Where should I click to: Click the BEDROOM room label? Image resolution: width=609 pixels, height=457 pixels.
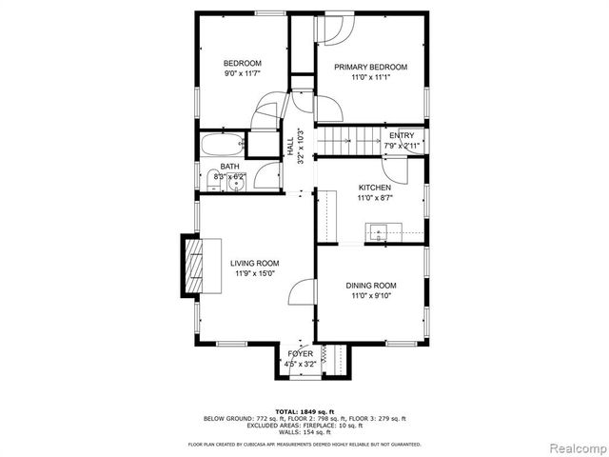242,63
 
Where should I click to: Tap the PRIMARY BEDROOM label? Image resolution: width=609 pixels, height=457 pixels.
370,67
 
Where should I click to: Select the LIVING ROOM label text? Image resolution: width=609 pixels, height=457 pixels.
254,263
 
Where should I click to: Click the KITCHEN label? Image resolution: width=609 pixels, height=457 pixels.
374,188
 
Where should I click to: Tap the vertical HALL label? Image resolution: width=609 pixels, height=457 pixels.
290,148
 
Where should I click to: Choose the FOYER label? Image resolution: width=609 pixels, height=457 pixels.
300,353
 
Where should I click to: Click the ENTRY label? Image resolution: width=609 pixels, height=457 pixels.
402,135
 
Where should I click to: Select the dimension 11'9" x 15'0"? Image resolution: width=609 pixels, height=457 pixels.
254,273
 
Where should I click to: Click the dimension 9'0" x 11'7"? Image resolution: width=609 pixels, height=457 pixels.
242,73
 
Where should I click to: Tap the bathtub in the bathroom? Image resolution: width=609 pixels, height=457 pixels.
222,146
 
